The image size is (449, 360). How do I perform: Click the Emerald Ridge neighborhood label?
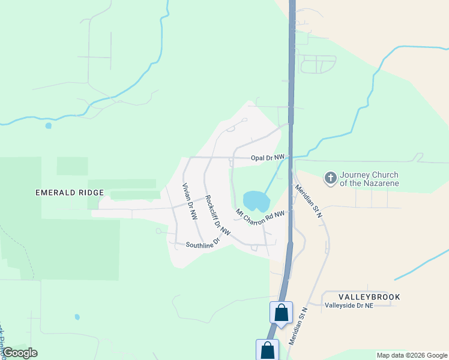pos(70,193)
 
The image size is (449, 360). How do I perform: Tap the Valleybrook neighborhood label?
pos(369,297)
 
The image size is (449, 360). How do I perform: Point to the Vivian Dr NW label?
pos(190,202)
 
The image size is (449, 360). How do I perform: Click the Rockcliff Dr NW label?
pos(217,214)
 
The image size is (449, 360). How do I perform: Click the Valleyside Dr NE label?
pos(349,305)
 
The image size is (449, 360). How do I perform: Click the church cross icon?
pos(330,178)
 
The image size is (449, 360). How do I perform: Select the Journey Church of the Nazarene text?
pos(369,179)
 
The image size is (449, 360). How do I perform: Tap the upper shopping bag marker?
pos(280,313)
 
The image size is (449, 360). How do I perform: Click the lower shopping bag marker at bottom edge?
pos(267,350)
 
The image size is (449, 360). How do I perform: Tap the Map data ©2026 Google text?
pos(411,355)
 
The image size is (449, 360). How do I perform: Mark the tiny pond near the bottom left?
pos(77,317)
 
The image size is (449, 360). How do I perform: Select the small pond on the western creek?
pos(48,126)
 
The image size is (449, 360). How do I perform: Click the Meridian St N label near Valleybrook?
pos(297,326)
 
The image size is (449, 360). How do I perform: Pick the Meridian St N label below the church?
pos(309,200)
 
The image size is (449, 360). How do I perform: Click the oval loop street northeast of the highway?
pos(318,64)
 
